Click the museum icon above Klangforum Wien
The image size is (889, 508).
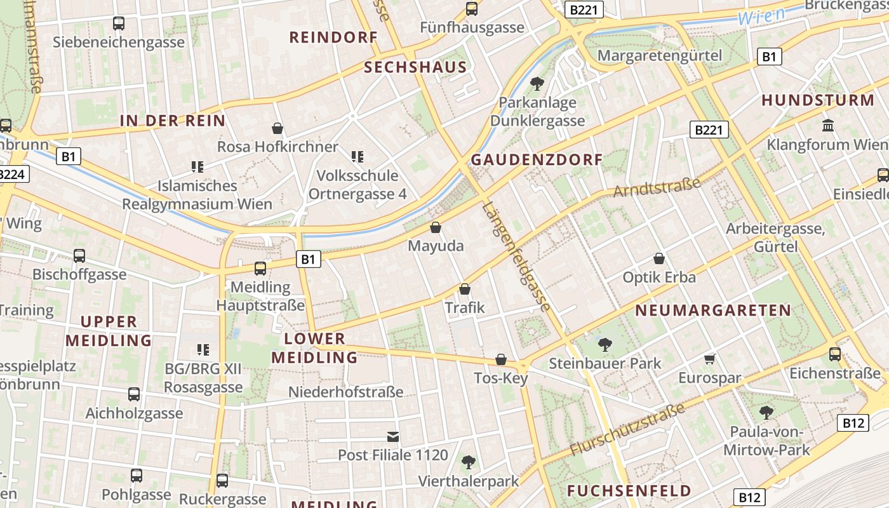coord(828,125)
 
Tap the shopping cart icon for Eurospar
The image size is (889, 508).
coord(710,359)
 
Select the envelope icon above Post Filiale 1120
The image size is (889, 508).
coord(393,437)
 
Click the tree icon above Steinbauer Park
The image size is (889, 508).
coord(605,345)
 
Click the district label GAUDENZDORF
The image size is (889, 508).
coord(536,160)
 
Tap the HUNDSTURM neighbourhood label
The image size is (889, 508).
coord(818,100)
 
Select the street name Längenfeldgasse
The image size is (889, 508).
coord(516,256)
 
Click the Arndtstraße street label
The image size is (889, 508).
coord(657,187)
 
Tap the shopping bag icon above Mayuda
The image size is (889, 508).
coord(436,227)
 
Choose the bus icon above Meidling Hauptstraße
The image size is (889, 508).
coord(260,269)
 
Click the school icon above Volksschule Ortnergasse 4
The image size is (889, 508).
coord(358,156)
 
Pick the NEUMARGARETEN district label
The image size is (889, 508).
coord(713,311)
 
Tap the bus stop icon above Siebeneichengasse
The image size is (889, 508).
coord(119,23)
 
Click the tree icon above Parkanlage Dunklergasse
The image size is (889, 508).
coord(537,83)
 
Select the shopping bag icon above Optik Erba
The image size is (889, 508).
coord(659,258)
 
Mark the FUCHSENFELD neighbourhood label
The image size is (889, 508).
coord(629,491)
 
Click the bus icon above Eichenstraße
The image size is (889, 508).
coord(835,354)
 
